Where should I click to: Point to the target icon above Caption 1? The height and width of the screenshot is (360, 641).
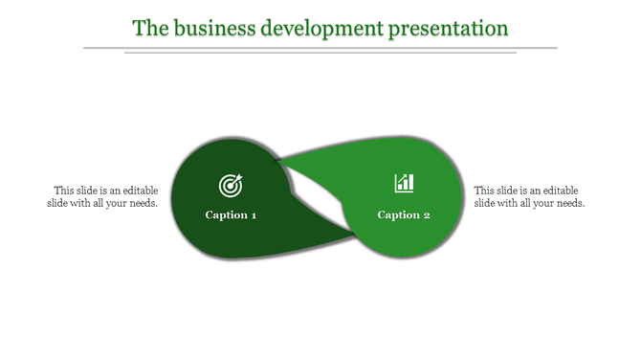click(231, 184)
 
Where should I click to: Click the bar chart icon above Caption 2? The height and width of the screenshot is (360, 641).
click(404, 183)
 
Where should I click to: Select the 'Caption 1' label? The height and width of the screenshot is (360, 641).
click(231, 214)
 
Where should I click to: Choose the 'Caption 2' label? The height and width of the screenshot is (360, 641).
click(404, 214)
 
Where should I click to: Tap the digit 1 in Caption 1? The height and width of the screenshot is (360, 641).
click(254, 214)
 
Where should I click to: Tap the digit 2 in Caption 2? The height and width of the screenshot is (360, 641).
click(427, 214)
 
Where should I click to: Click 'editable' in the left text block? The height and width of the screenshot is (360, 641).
click(136, 191)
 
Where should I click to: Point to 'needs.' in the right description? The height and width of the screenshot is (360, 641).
click(570, 203)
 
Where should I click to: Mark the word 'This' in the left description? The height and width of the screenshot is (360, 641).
click(64, 191)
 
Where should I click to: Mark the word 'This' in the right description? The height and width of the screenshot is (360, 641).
click(485, 191)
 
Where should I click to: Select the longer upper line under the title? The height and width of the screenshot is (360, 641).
click(320, 47)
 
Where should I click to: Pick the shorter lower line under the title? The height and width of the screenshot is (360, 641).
click(320, 53)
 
